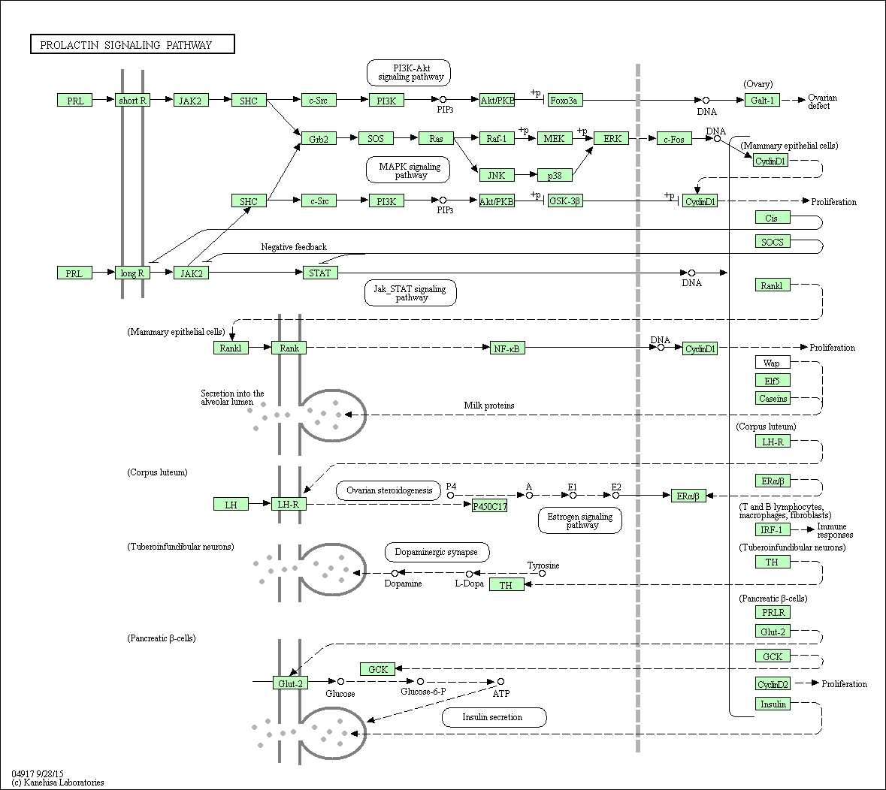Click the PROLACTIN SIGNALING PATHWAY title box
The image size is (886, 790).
132,45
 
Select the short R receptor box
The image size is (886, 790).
132,100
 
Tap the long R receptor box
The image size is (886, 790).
132,273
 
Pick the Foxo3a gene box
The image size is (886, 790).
564,100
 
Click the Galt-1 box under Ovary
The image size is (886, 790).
762,100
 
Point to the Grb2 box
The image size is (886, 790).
319,138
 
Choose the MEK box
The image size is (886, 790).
555,138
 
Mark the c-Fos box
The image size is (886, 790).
673,138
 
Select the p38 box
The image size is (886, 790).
555,175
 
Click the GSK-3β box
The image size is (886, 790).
565,201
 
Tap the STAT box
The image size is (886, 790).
320,273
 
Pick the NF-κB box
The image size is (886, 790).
507,348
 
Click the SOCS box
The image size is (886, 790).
773,242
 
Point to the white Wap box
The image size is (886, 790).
773,363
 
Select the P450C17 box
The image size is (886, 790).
489,506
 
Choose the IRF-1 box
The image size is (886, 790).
773,529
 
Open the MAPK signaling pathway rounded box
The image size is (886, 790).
408,170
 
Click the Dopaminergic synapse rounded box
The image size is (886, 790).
437,552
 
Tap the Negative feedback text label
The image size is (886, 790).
294,247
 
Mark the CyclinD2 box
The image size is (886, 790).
773,684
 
